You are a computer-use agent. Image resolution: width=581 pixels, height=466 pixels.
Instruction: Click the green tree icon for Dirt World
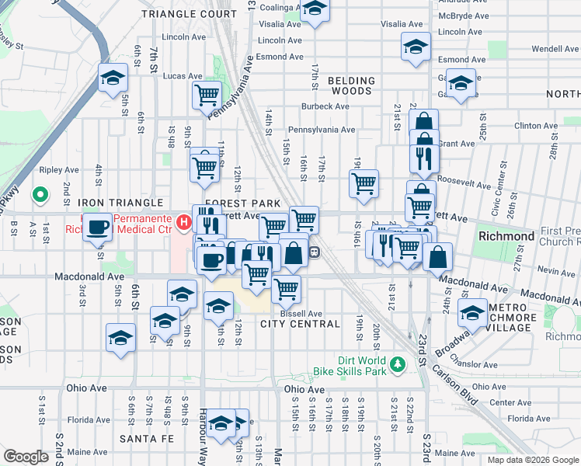coord(398,363)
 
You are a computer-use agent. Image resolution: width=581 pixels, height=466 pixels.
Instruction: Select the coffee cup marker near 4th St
coord(98,227)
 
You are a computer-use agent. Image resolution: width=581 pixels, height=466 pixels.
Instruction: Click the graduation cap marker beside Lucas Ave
coord(113,78)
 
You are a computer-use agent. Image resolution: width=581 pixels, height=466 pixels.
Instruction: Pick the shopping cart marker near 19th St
coord(363,184)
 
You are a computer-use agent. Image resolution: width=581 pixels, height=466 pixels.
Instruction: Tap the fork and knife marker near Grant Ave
coord(424,158)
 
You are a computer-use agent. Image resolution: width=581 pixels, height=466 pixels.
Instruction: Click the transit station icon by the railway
coord(315,251)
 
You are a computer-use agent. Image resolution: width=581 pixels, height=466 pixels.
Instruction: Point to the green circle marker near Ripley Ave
coord(40,194)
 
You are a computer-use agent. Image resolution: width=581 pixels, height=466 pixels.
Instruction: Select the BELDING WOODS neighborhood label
coord(351,85)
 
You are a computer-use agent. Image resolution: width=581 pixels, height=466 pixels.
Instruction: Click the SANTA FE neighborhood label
coord(144,439)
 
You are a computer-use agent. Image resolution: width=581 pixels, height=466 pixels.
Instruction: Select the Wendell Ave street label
coord(555,48)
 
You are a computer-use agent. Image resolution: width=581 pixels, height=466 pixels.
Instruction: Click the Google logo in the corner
coord(26,457)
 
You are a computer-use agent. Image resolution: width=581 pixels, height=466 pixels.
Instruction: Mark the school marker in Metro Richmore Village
coord(471,313)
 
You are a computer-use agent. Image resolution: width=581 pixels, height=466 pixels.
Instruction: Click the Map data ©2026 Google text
coord(532,460)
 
